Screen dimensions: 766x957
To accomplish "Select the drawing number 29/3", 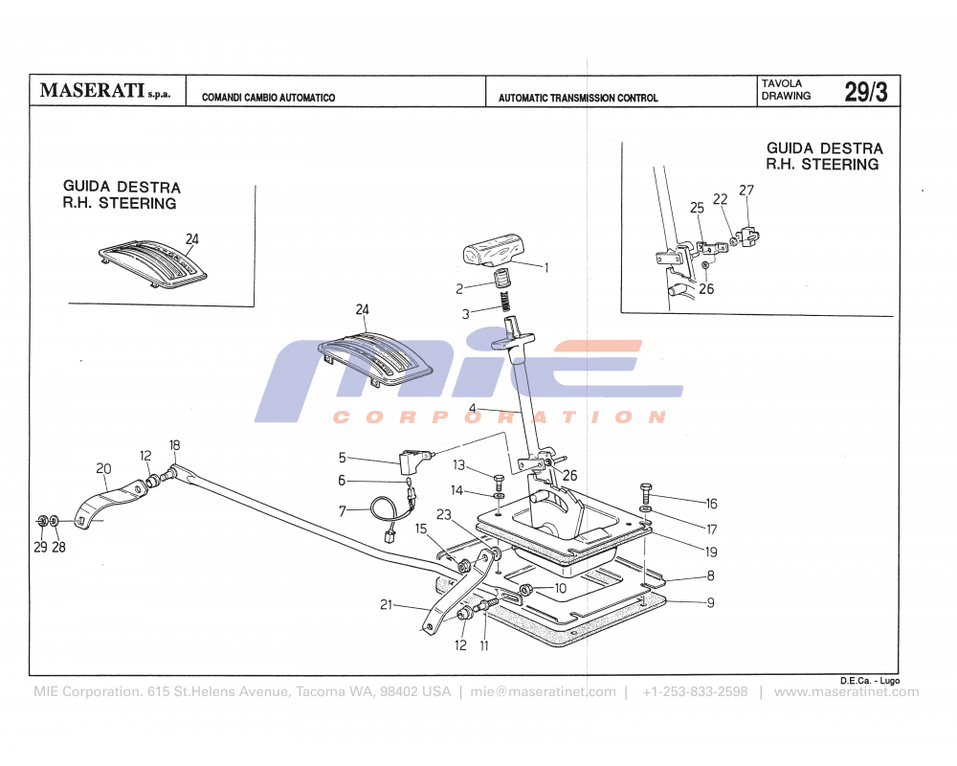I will click(x=865, y=92).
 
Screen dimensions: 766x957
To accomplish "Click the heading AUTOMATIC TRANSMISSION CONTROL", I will click(x=578, y=98).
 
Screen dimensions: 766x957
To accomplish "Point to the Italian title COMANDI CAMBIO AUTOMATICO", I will click(x=268, y=98).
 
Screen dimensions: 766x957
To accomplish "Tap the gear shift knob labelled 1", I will click(x=491, y=255).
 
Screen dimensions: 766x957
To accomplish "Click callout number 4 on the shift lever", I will click(x=472, y=408).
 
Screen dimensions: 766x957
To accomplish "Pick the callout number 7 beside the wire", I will click(x=342, y=511).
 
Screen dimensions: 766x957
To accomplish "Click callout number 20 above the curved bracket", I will click(x=103, y=468).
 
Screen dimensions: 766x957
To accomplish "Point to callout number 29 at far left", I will click(x=39, y=547).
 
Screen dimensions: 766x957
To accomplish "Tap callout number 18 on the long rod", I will click(x=174, y=445).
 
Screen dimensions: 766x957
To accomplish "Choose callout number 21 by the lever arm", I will click(x=387, y=604).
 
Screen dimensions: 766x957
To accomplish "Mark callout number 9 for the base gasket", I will click(x=710, y=603).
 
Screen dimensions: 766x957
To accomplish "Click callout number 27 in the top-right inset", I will click(x=746, y=191).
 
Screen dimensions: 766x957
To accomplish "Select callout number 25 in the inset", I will click(x=697, y=208).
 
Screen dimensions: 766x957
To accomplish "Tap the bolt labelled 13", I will click(x=498, y=479).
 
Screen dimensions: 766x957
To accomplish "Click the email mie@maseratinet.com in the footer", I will click(x=543, y=692).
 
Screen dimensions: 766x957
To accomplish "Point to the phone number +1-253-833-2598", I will click(x=695, y=692).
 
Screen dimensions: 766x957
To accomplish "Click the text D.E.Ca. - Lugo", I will click(x=870, y=680).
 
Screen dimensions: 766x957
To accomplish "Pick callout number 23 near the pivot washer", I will click(x=444, y=514).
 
